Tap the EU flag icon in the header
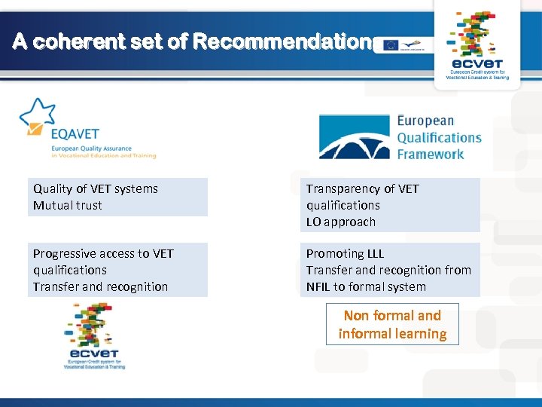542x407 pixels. click(391, 45)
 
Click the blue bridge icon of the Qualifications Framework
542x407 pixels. click(354, 137)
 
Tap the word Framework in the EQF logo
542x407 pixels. click(431, 154)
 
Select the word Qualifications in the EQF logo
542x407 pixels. click(439, 137)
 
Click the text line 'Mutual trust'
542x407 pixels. click(68, 205)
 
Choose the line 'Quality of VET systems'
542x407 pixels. click(96, 188)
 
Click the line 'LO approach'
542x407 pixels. click(340, 222)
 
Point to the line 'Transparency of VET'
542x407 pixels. click(362, 188)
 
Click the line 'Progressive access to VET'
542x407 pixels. click(103, 253)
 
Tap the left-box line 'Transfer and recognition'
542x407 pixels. click(101, 286)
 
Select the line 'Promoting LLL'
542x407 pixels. click(345, 253)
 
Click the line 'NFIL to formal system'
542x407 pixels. click(366, 286)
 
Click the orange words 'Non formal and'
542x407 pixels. click(392, 315)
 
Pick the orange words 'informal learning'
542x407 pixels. click(392, 334)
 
